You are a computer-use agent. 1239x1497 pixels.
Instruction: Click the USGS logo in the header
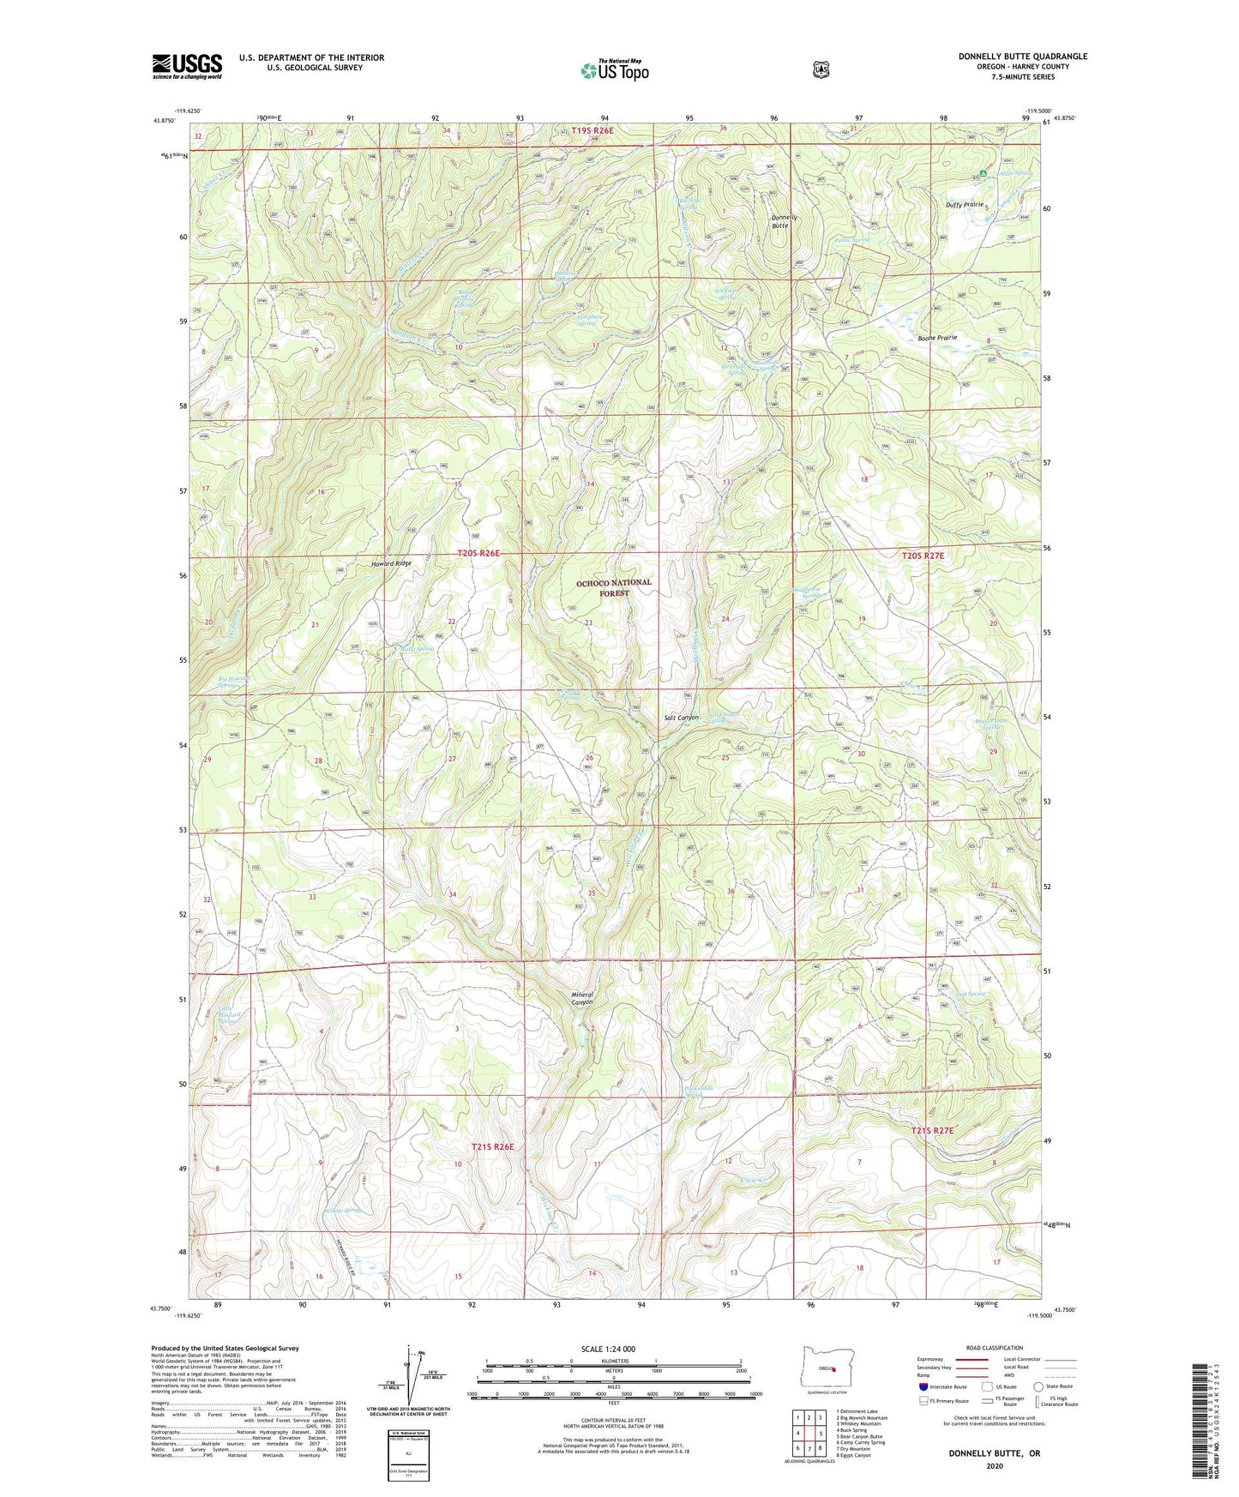coord(187,66)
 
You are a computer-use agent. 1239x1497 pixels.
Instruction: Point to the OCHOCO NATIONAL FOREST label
coord(613,587)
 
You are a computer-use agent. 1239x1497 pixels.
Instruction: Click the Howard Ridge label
coord(391,563)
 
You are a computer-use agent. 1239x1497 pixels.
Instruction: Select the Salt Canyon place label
coord(682,718)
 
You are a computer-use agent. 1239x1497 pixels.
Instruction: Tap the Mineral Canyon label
coord(582,998)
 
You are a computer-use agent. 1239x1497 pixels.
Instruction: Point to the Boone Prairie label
coord(937,338)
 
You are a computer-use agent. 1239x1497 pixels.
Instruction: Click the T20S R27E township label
coord(923,556)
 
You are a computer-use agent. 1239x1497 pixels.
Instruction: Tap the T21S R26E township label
coord(492,1147)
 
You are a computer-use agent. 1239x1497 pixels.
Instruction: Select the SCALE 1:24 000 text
coord(608,1349)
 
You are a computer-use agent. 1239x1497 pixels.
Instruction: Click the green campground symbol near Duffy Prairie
coord(983,174)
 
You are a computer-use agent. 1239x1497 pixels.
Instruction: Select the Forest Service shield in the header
coord(821,69)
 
